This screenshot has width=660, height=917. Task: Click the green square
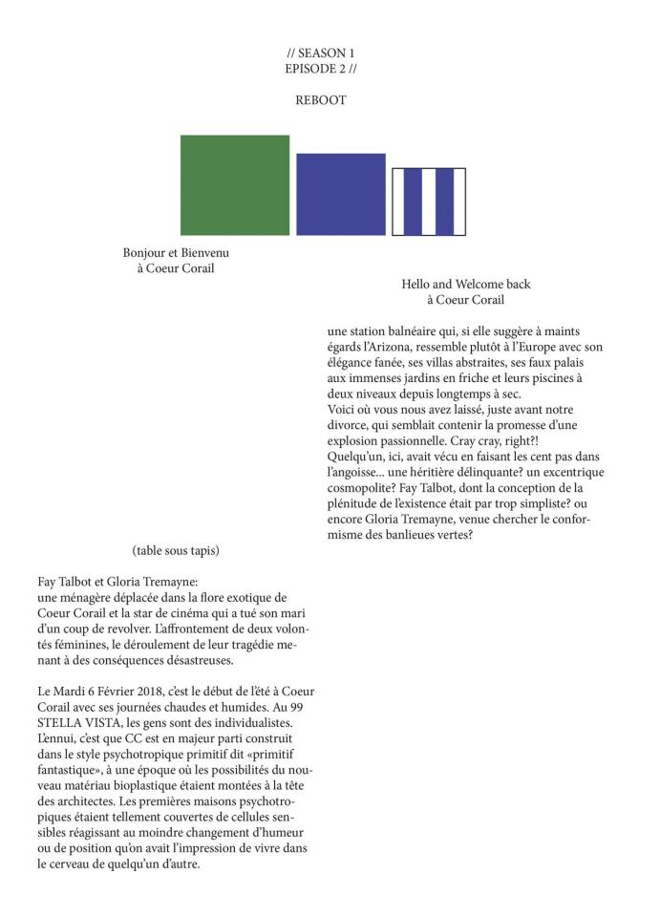(235, 184)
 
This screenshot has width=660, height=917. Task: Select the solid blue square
(340, 194)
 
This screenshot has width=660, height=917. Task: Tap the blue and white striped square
(430, 201)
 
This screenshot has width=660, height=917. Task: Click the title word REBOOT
(321, 99)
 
